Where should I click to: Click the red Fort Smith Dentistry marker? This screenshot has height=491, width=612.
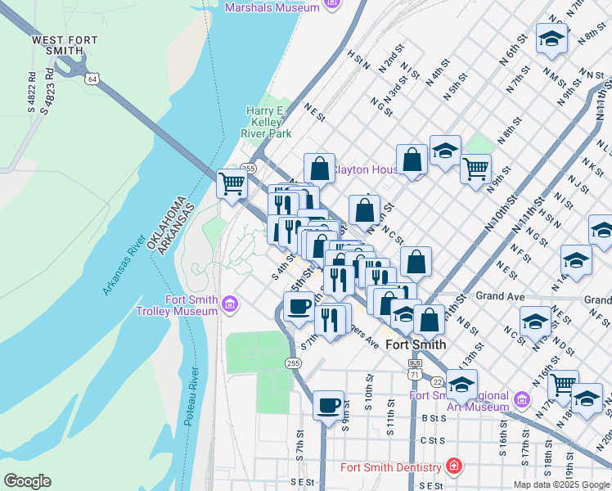click(453, 467)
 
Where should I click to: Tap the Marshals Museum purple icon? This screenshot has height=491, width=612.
click(331, 7)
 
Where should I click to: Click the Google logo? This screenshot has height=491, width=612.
click(27, 481)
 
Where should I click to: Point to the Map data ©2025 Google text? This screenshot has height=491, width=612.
click(560, 484)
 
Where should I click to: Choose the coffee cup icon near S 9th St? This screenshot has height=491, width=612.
click(328, 405)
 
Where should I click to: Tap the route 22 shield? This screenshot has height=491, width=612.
click(438, 382)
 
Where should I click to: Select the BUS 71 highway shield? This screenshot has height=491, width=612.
click(415, 368)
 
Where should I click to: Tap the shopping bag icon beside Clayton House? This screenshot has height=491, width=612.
click(320, 169)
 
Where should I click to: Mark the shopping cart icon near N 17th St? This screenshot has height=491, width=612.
click(563, 385)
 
